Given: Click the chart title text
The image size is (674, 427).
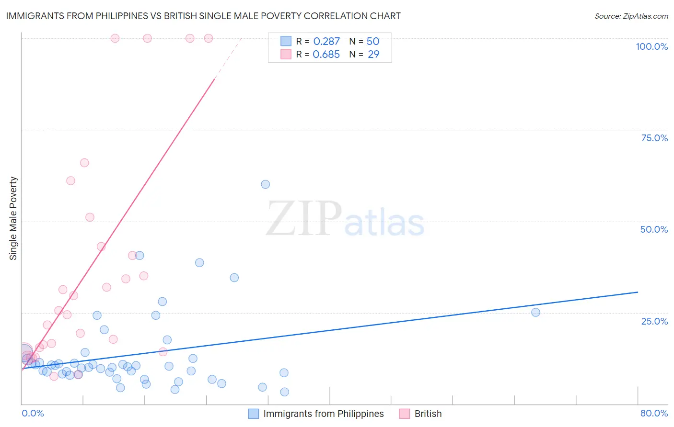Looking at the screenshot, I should tap(203, 16).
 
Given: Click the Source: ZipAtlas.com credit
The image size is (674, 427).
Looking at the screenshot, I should tap(631, 16).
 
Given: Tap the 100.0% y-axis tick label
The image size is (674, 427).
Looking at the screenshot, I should tap(651, 46).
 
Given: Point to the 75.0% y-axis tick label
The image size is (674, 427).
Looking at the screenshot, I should tap(654, 138).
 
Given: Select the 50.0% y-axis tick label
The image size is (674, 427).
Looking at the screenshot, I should tap(654, 229).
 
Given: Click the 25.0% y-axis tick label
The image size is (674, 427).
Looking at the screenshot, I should tap(654, 321).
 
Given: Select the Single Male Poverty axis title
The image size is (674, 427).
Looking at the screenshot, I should tap(13, 218).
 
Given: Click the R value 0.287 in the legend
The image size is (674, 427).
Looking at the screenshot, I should tap(326, 42).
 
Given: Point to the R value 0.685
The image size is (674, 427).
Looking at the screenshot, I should tap(326, 55).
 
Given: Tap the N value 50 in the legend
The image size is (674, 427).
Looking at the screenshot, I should tap(373, 42).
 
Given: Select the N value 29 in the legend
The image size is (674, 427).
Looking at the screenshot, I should tap(373, 55).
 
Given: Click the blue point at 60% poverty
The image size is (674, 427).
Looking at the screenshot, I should tap(265, 184).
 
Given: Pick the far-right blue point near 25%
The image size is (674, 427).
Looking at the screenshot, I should tap(535, 313).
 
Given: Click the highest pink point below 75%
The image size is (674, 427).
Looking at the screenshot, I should tap(84, 163).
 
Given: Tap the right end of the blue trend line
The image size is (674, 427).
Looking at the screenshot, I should tap(638, 292).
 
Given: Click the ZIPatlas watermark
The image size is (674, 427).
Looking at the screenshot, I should tap(345, 219).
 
